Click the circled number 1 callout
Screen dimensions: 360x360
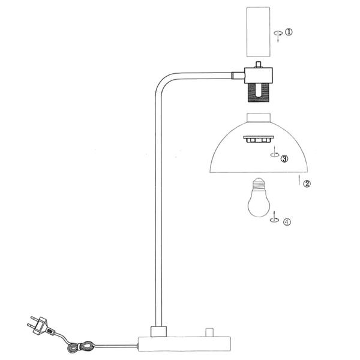[289, 32]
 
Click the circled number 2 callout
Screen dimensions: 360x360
[307, 184]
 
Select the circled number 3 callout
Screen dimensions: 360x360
[284, 159]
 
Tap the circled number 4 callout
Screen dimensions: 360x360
[287, 221]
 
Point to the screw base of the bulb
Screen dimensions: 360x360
[259, 182]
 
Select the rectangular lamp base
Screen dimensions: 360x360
[184, 344]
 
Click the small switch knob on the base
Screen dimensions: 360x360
[209, 332]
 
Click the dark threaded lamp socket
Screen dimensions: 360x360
[259, 92]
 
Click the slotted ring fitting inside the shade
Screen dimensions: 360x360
[257, 139]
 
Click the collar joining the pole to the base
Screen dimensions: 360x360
[159, 332]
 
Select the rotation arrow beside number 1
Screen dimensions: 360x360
[277, 34]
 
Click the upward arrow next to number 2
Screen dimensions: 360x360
[298, 180]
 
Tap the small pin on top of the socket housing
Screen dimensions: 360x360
[259, 64]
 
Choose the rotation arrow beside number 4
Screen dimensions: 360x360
[274, 218]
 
